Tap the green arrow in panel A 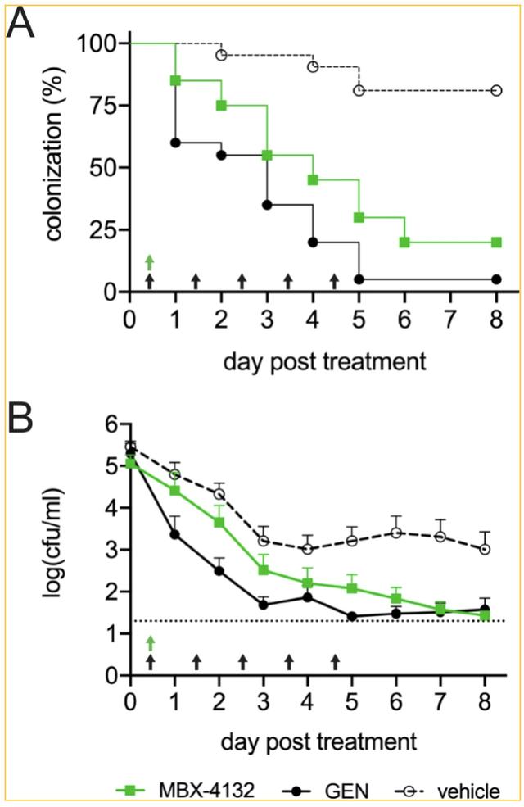coord(150,261)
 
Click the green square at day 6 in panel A coord(404,243)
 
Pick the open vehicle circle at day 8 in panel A coord(496,90)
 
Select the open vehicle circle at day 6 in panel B coord(396,533)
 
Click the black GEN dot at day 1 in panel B coord(175,534)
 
